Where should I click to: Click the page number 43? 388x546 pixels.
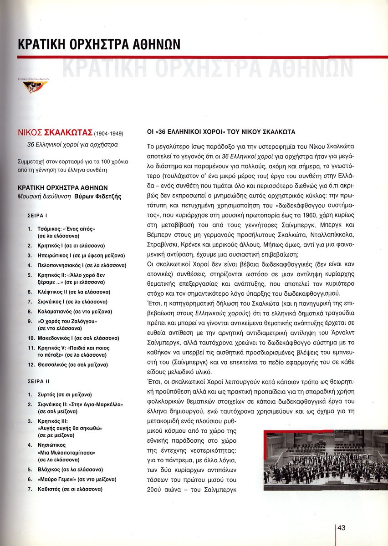click(x=342, y=527)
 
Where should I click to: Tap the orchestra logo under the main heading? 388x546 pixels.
click(x=36, y=86)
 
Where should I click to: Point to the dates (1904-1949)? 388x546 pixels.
click(x=108, y=134)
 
